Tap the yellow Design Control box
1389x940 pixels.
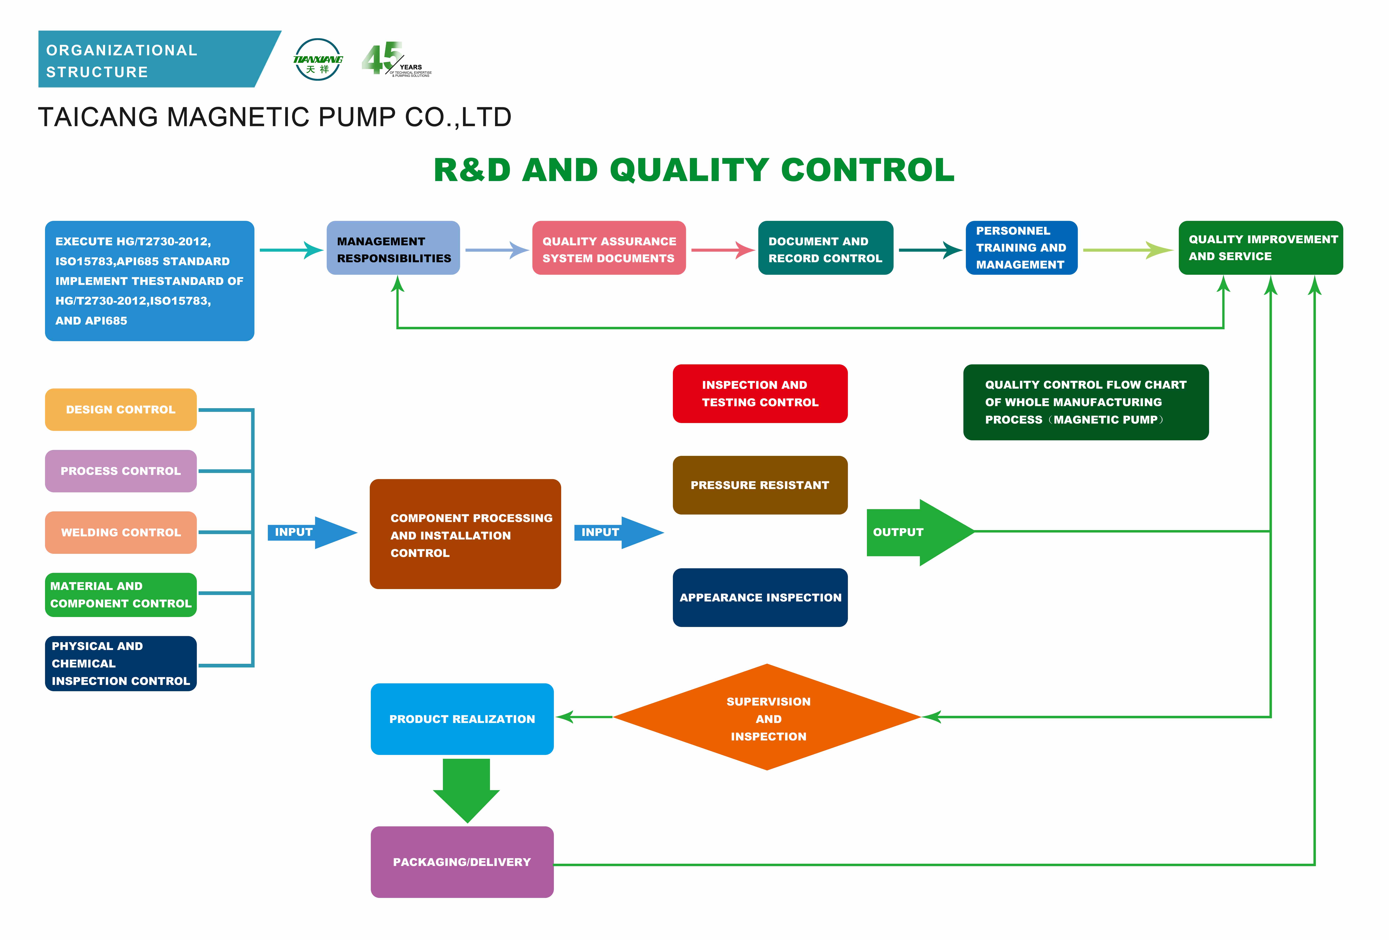pos(121,410)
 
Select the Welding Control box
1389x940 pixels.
pos(121,532)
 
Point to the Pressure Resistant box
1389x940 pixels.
pos(760,485)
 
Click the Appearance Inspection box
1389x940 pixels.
pos(760,597)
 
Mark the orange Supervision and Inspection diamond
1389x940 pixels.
pos(767,717)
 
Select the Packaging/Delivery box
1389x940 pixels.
pos(462,862)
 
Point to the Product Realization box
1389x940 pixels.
pos(462,719)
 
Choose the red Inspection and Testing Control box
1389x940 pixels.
pos(760,394)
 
